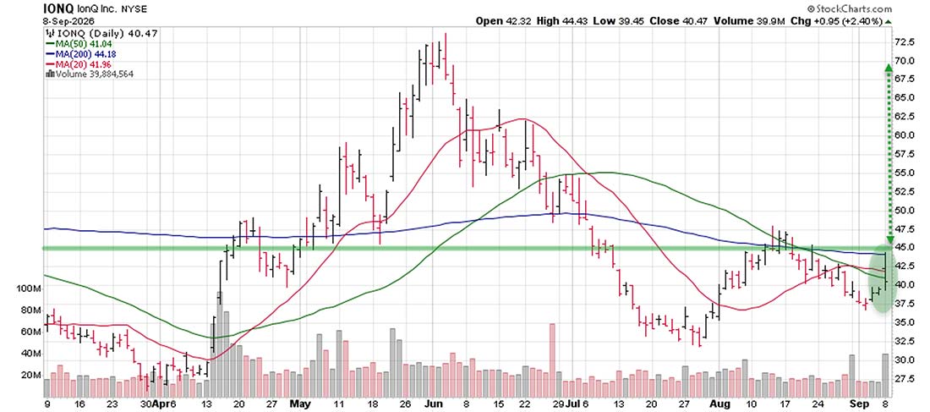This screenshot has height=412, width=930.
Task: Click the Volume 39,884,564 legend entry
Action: pyautogui.click(x=89, y=74)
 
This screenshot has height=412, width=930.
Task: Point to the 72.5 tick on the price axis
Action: pyautogui.click(x=906, y=42)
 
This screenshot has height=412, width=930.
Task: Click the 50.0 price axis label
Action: pyautogui.click(x=906, y=210)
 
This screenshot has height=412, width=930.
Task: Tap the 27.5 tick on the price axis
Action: pyautogui.click(x=906, y=379)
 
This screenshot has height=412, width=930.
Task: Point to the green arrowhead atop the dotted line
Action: pyautogui.click(x=888, y=69)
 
